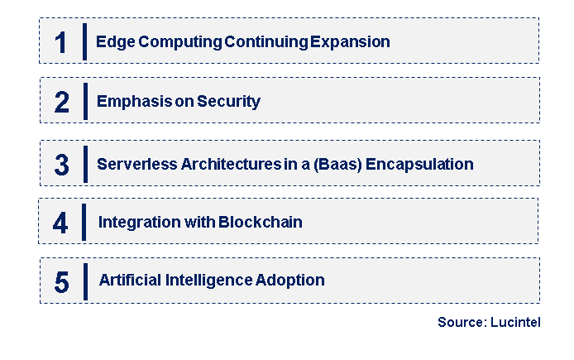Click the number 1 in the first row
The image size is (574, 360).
click(60, 42)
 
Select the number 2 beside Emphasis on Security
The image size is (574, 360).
click(61, 102)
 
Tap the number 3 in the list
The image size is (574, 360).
click(61, 165)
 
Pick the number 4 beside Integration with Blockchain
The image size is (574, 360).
click(61, 223)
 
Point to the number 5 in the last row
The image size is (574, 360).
click(61, 281)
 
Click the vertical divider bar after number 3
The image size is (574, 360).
click(85, 164)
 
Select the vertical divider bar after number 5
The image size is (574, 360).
click(85, 281)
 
